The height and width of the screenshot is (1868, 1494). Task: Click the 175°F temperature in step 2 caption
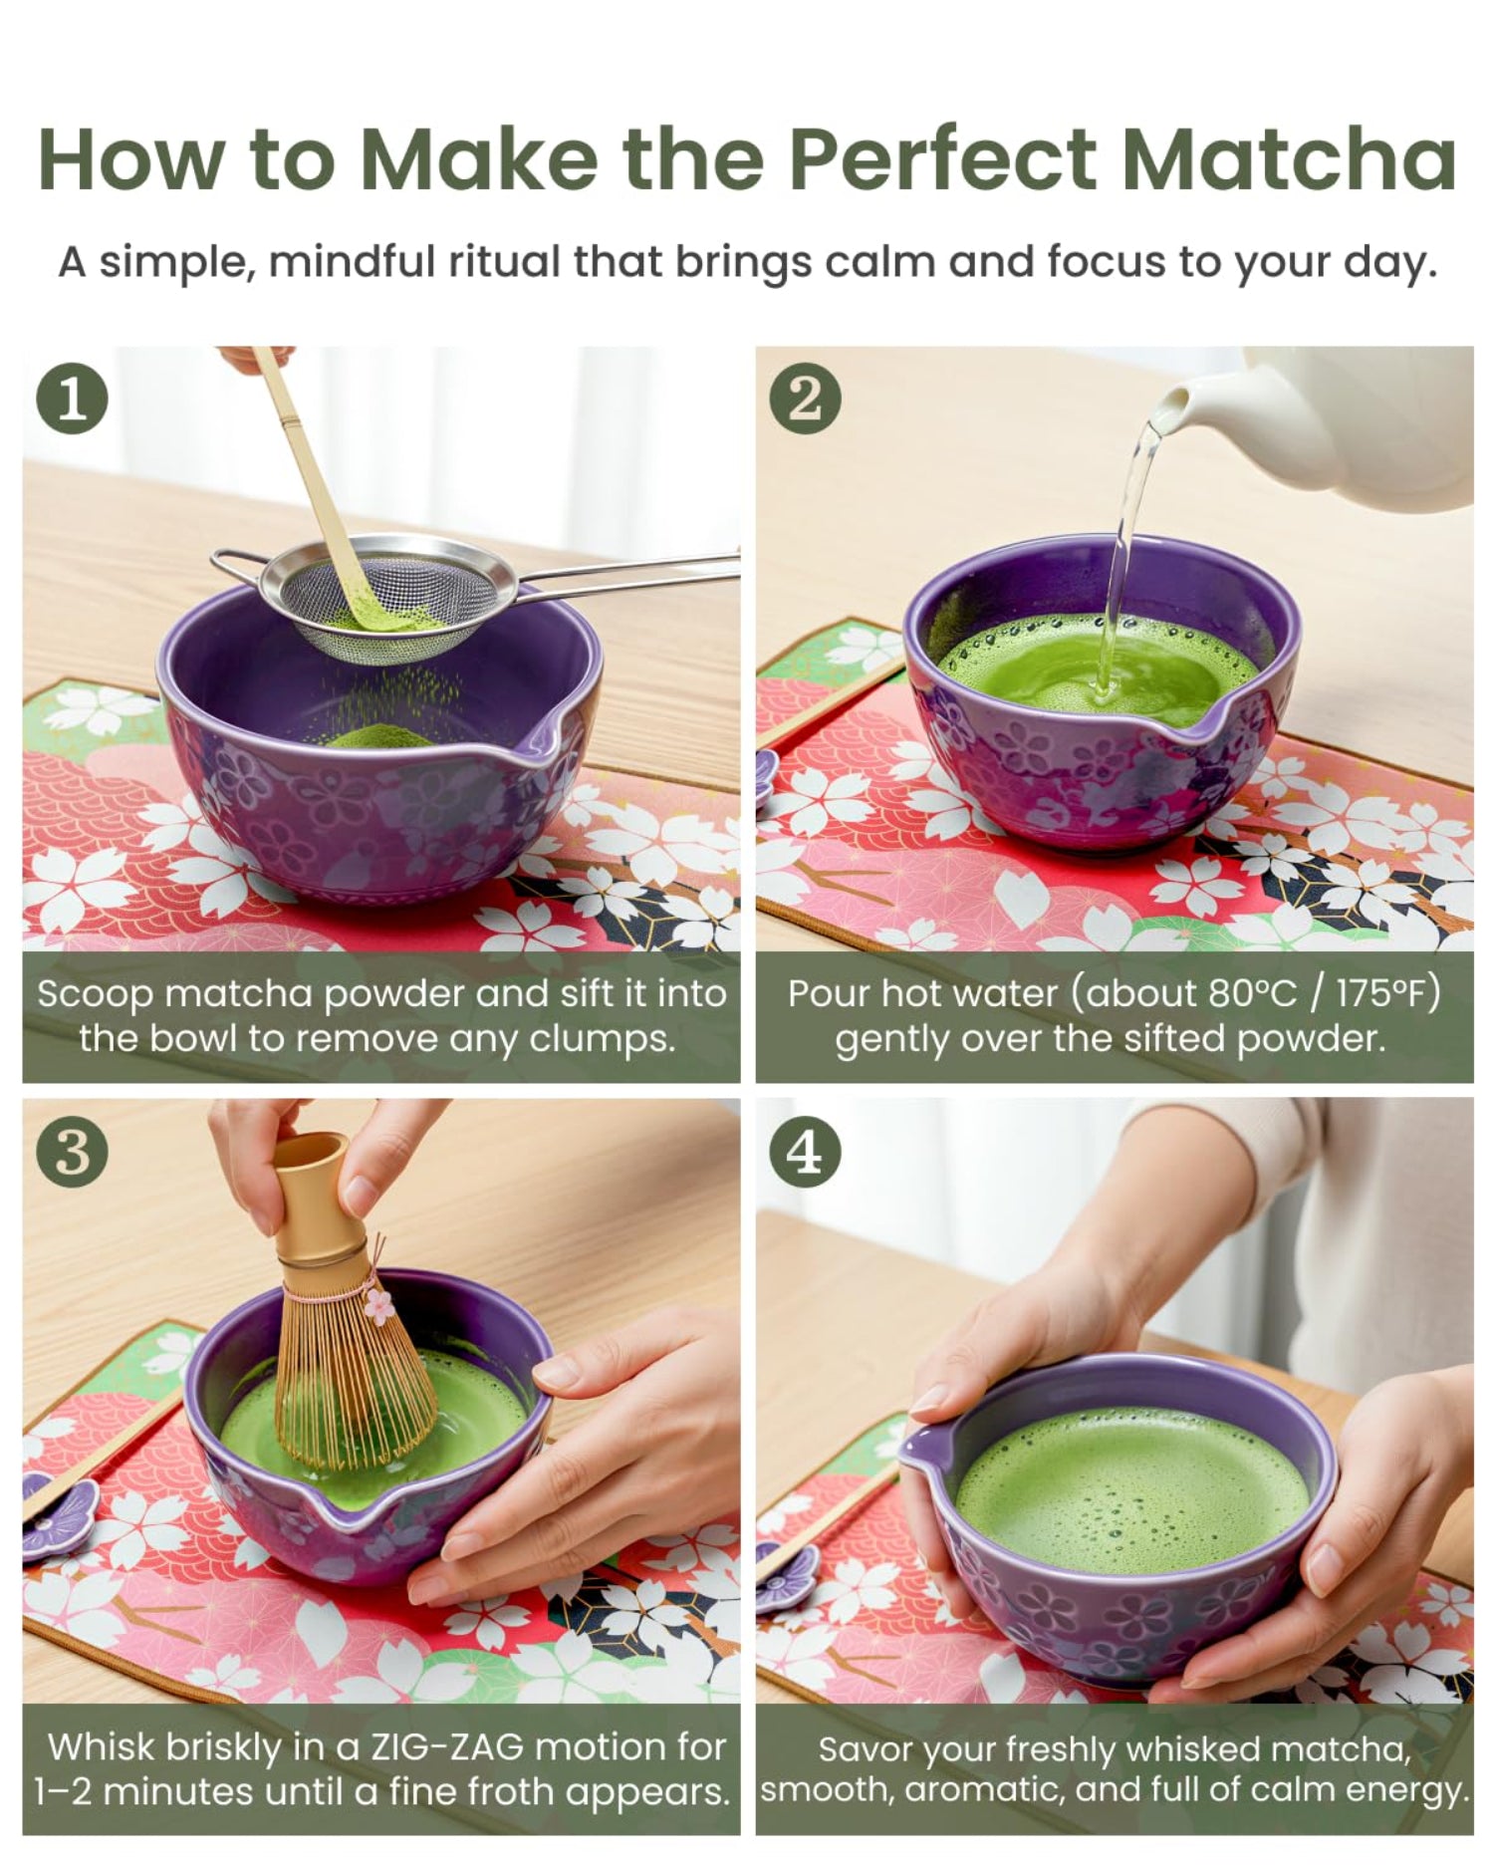point(1386,993)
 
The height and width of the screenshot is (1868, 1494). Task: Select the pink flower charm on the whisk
point(378,1305)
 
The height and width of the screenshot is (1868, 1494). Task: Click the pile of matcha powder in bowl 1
point(378,737)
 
